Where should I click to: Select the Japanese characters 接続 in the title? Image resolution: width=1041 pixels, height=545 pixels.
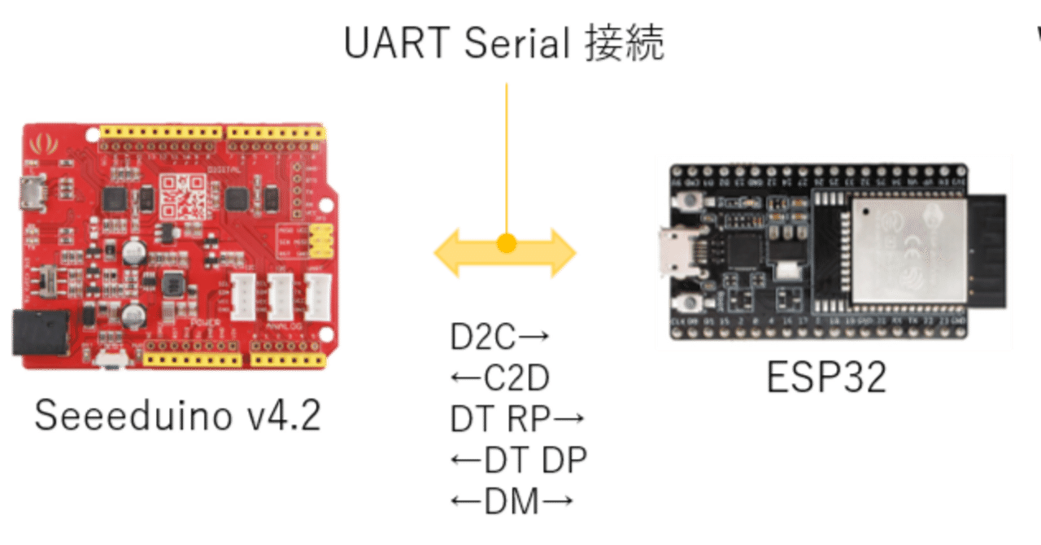pos(625,44)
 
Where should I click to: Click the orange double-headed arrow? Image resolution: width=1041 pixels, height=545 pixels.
pos(505,253)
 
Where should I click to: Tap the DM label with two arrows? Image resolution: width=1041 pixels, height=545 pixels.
pos(512,502)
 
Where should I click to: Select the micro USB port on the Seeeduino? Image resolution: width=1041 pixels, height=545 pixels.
pos(32,193)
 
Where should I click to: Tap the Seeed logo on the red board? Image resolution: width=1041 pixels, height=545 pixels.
pos(38,145)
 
